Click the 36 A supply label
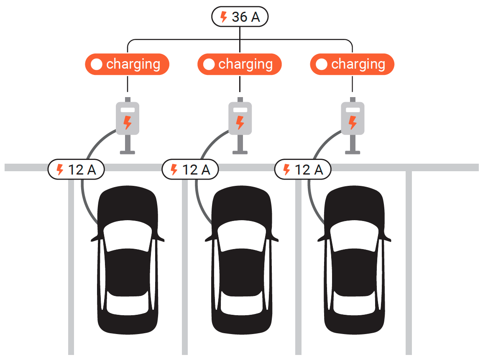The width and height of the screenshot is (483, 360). point(240,17)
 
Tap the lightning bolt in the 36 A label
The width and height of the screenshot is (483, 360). point(224,17)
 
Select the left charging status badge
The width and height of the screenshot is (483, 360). point(127,64)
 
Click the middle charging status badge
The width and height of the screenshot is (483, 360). point(240,64)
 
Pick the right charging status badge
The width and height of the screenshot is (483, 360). point(352,64)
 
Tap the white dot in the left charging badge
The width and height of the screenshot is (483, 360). point(97,64)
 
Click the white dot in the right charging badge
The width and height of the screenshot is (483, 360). point(322,64)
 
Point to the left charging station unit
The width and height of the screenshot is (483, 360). point(128,118)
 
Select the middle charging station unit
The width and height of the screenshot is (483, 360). point(240,118)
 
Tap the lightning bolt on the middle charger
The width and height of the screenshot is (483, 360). point(240,123)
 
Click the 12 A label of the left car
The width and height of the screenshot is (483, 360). point(76,170)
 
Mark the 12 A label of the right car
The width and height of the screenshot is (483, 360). point(303,170)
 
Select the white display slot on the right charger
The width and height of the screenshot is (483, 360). point(353,110)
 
